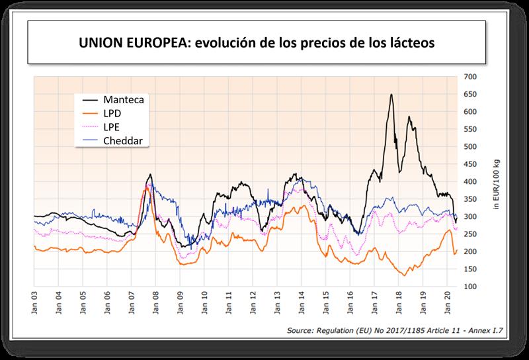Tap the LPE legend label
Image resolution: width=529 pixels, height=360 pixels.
tap(116, 126)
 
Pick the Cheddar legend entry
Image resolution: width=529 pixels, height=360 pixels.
tap(126, 140)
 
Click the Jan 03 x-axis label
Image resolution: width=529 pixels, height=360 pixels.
tap(34, 300)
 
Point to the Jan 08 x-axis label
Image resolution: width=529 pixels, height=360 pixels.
tap(156, 300)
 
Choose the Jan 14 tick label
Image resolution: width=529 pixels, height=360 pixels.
tap(302, 300)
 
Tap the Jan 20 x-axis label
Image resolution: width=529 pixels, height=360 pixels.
tap(448, 300)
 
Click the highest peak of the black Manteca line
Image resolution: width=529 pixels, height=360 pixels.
tap(391, 95)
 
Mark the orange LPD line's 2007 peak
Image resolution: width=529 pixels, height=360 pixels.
tap(147, 189)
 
